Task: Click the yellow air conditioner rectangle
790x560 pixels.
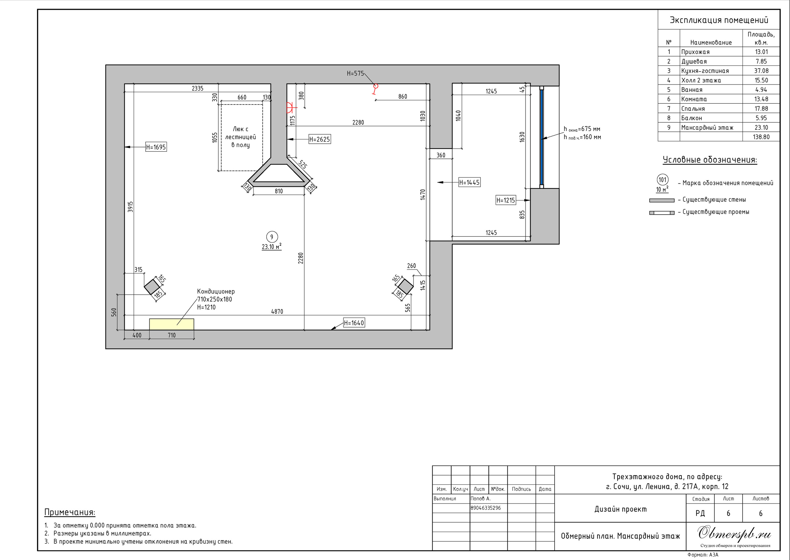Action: tap(172, 324)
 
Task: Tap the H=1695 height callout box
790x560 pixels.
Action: tap(156, 147)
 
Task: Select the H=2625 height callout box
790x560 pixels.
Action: tap(319, 139)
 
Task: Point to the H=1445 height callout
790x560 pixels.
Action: tap(469, 183)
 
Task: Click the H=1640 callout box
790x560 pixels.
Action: tap(354, 323)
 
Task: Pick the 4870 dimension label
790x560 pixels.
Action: tap(277, 311)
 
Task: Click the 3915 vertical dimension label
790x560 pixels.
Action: tap(130, 207)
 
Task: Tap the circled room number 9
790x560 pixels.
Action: tap(272, 237)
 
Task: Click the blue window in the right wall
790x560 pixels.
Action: tap(542, 137)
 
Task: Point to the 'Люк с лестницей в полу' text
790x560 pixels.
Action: tap(240, 137)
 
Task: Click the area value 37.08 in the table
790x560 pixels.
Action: tap(761, 71)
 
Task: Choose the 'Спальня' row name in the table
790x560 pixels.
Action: tap(693, 109)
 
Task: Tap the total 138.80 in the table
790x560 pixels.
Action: tap(761, 137)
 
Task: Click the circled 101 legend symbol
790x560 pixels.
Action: tap(662, 180)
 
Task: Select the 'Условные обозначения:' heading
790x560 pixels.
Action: tap(710, 160)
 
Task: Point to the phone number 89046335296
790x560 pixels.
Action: tap(485, 508)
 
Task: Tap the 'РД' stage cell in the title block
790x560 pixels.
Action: tap(700, 513)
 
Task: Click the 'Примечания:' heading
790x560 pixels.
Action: tap(70, 513)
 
